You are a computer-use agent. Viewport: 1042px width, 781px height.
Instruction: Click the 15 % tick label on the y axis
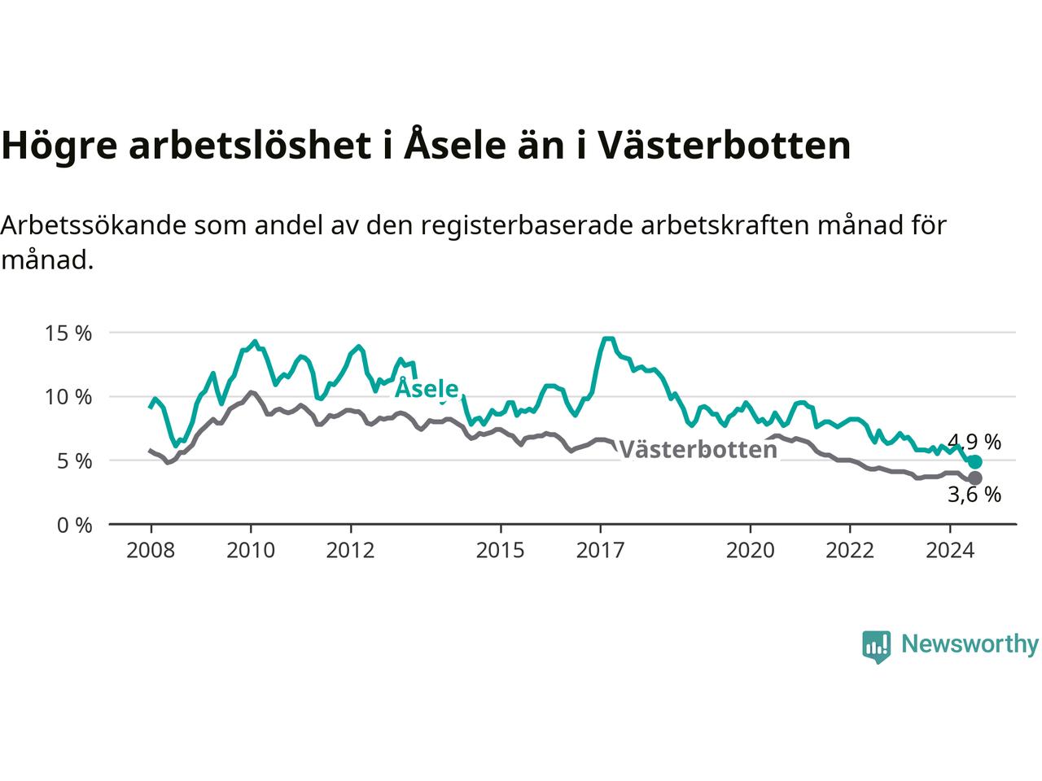[x=68, y=334]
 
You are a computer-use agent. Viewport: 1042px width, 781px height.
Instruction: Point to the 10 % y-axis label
[x=68, y=397]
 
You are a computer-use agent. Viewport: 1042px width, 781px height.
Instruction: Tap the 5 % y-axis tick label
[x=75, y=461]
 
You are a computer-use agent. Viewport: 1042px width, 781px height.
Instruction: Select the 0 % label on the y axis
[x=75, y=526]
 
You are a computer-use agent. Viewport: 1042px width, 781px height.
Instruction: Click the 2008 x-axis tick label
[x=151, y=551]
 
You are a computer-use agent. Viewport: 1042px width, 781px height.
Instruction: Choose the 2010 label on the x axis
[x=251, y=551]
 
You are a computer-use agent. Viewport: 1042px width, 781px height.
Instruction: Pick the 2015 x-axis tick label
[x=501, y=551]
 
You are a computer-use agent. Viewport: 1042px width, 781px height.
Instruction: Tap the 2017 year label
[x=600, y=551]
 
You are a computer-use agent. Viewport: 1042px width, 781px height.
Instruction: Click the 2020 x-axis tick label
[x=750, y=551]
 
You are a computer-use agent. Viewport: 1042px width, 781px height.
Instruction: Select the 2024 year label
[x=950, y=551]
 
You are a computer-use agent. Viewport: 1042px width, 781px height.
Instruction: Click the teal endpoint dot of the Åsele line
[x=975, y=461]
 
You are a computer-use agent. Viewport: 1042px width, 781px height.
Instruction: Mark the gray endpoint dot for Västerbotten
[x=975, y=478]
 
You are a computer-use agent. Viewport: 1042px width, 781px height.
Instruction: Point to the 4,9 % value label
[x=974, y=442]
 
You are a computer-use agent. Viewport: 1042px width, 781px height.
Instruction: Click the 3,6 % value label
[x=974, y=495]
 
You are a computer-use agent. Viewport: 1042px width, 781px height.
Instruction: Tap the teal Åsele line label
[x=427, y=388]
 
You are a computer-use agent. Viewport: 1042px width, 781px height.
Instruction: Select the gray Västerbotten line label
[x=698, y=449]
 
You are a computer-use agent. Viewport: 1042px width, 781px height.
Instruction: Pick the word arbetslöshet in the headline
[x=250, y=144]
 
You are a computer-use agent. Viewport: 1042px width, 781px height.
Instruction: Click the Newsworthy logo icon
[x=876, y=647]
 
